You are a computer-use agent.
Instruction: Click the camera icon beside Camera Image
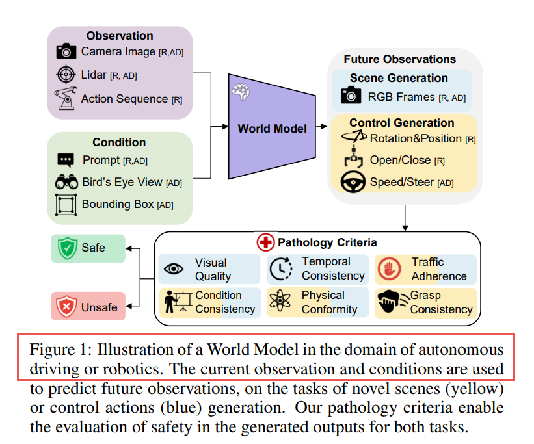point(66,51)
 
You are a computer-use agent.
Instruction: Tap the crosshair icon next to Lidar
point(66,75)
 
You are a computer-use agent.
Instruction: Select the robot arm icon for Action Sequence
point(66,98)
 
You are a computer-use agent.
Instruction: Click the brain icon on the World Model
point(241,92)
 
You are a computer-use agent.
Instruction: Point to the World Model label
point(272,129)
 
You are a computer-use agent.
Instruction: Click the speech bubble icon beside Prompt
point(66,160)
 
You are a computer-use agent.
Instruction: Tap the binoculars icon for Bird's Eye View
point(66,182)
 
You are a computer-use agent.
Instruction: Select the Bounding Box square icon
point(66,205)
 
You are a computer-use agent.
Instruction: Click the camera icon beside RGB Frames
point(351,95)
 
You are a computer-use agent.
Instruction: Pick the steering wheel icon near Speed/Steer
point(353,182)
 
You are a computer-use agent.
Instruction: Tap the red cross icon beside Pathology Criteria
point(265,242)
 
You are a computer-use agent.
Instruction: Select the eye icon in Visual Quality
point(174,269)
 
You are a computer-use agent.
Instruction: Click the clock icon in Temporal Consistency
point(281,268)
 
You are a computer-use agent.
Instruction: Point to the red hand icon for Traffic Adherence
point(389,269)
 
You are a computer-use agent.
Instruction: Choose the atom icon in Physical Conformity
point(280,300)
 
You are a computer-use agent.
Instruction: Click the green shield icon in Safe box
point(68,248)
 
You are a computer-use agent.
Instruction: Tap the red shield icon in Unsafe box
point(66,306)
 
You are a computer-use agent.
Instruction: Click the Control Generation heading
point(402,123)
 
